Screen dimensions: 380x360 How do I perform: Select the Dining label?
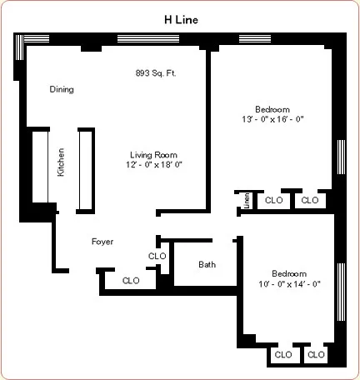(x=62, y=89)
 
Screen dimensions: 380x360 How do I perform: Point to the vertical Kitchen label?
(x=61, y=162)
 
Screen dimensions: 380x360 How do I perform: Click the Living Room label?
(x=153, y=154)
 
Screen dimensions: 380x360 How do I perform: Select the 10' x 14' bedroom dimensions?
(x=289, y=284)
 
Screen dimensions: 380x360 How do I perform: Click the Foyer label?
(x=102, y=242)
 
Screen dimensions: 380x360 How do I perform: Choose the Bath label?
(x=207, y=265)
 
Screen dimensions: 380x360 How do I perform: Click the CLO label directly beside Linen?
(x=272, y=200)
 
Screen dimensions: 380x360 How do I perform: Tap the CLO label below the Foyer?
(x=131, y=281)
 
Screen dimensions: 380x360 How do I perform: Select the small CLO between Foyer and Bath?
(x=157, y=256)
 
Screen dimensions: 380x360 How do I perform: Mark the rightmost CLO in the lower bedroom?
(x=315, y=354)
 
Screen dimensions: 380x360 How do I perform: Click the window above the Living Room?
(x=148, y=38)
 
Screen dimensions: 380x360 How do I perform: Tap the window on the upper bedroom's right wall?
(x=340, y=158)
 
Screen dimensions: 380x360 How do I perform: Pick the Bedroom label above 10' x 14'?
(x=289, y=273)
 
